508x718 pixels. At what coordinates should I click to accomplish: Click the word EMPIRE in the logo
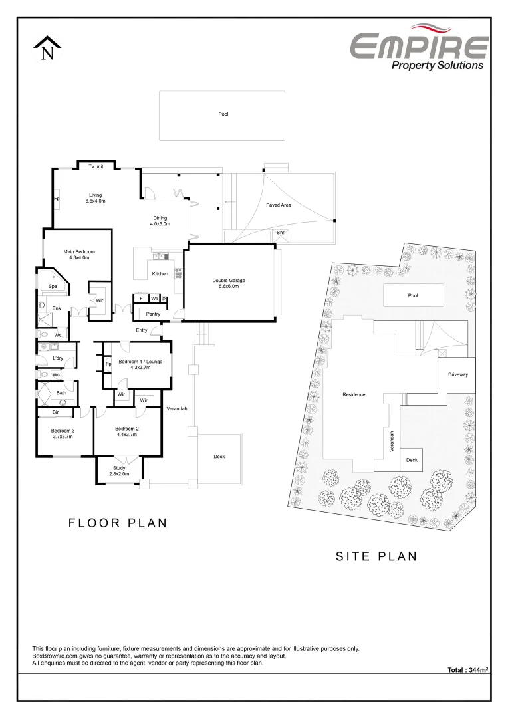tap(419, 46)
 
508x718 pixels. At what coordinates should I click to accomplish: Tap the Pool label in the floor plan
tap(223, 114)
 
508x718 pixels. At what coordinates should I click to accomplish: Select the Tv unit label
tap(96, 166)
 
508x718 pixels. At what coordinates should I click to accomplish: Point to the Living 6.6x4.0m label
tap(96, 197)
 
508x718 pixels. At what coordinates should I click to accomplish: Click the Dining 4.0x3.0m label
tap(160, 221)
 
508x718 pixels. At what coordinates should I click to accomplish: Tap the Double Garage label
tap(229, 283)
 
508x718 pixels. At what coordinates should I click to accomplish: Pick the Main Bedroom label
tap(79, 254)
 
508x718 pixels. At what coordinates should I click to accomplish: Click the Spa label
tap(53, 286)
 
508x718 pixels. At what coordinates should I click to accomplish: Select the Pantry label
tap(154, 314)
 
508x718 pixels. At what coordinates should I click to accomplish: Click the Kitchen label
tap(160, 274)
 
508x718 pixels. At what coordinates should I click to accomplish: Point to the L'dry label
tap(57, 359)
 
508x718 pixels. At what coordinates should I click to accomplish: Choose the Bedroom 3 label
tap(63, 433)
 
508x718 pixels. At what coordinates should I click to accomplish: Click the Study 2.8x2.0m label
tap(120, 470)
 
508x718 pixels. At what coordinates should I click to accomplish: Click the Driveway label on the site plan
tap(458, 374)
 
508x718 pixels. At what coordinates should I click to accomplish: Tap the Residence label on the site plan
tap(354, 394)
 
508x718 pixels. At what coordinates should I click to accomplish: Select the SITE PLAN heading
tap(376, 556)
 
